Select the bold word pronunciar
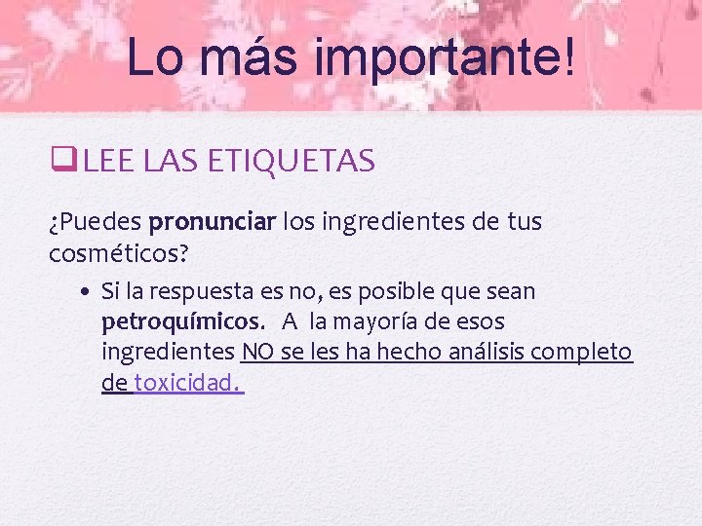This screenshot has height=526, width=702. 214,223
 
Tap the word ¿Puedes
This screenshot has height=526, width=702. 96,223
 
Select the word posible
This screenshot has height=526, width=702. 438,292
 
